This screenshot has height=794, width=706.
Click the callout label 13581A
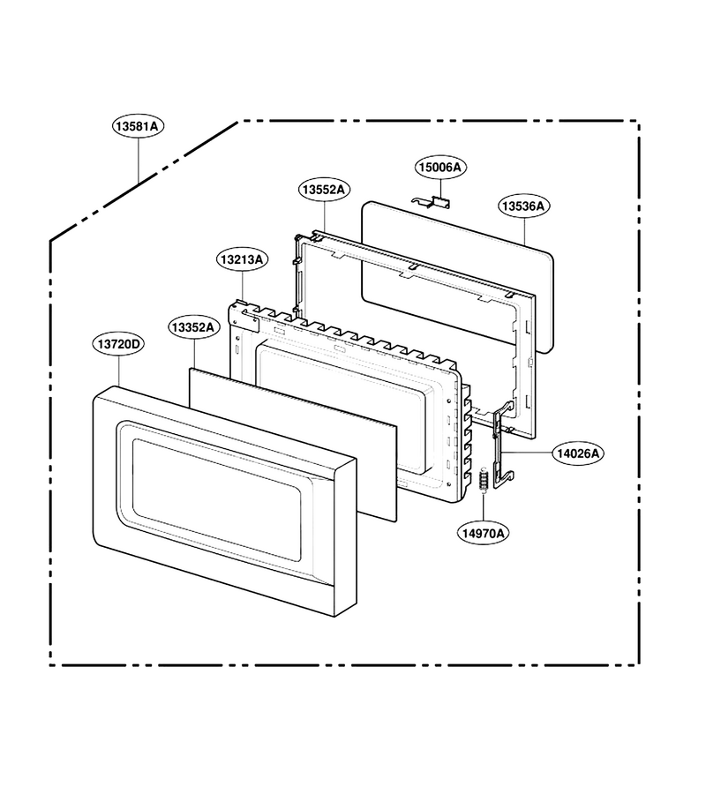139,125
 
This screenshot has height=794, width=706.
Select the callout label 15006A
440,167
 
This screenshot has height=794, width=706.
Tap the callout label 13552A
324,190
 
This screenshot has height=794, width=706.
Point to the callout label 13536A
523,206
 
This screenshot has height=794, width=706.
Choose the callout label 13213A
243,259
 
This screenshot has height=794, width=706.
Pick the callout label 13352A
193,327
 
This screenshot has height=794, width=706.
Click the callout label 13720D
118,344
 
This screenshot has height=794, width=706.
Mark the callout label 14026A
578,453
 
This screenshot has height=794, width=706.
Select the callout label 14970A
484,533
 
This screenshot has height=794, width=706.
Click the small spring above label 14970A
484,479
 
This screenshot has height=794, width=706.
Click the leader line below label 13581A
139,160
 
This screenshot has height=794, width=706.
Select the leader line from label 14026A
528,453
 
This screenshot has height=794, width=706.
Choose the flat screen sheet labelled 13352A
293,444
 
